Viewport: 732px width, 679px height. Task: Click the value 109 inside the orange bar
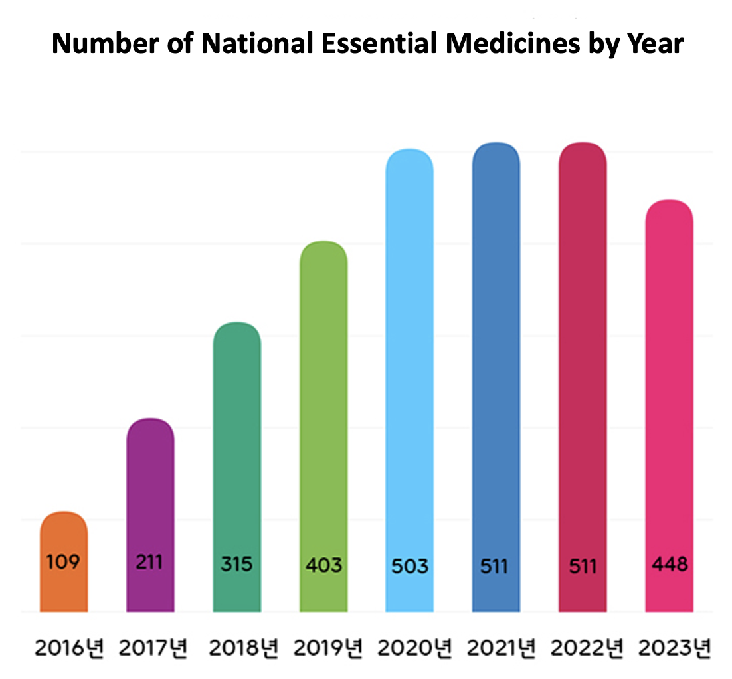pos(64,562)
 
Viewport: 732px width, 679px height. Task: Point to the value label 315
pos(236,565)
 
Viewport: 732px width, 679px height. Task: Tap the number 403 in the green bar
pos(323,565)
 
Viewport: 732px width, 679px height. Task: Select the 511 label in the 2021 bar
pos(495,567)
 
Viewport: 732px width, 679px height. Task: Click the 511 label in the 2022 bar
pos(583,567)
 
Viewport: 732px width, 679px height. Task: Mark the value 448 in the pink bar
pos(670,565)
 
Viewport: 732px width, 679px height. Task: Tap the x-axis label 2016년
pos(69,647)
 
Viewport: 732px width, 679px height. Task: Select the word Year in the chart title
pos(657,44)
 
